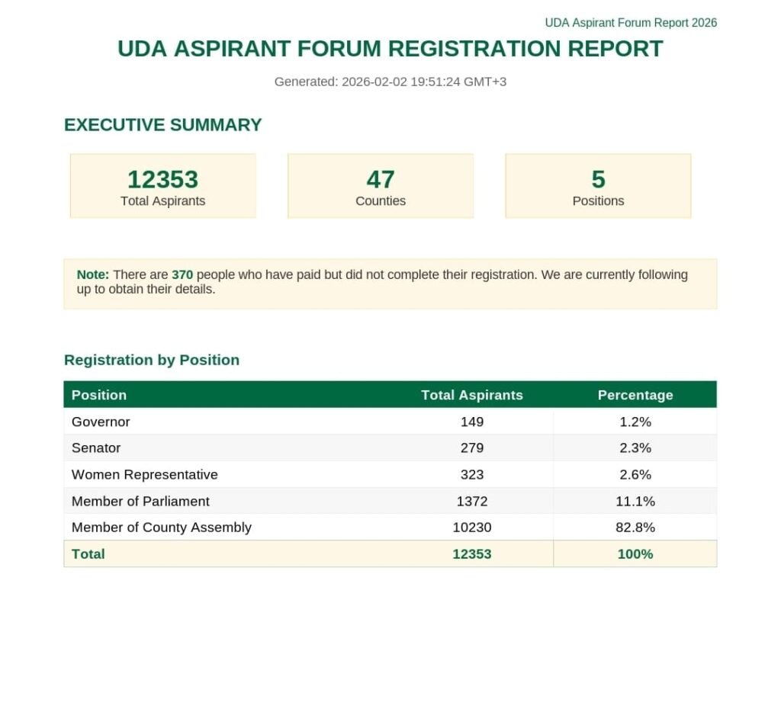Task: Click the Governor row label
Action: click(101, 422)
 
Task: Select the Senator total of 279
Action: click(472, 448)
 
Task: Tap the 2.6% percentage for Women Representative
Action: click(635, 474)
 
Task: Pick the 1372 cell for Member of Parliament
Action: click(472, 501)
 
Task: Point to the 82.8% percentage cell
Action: click(635, 527)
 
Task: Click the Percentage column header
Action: click(635, 395)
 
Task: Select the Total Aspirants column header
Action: click(472, 395)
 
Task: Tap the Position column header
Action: click(99, 395)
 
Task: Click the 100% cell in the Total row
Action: click(635, 554)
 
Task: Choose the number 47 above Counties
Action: click(381, 179)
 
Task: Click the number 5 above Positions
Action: click(598, 179)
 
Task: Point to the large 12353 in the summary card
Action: click(162, 179)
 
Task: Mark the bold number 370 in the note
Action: click(182, 274)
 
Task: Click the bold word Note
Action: click(93, 274)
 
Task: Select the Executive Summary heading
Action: click(162, 125)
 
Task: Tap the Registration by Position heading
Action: click(152, 360)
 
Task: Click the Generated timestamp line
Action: click(390, 82)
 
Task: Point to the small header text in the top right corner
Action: click(631, 23)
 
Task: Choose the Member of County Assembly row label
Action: click(161, 527)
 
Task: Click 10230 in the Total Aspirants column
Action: click(472, 527)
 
